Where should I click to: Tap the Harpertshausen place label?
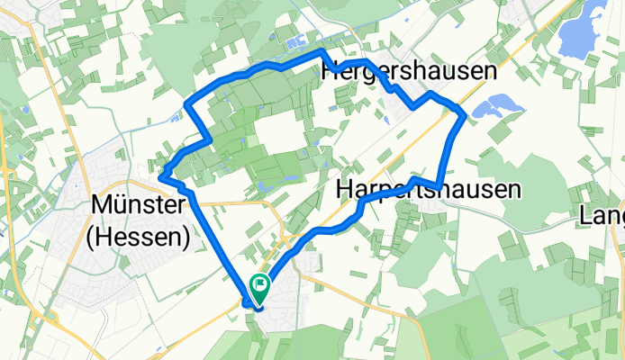(429, 190)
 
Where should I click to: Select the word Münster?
(139, 206)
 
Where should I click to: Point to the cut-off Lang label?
(603, 217)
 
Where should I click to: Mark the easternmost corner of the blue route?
(465, 114)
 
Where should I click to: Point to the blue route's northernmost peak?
(322, 52)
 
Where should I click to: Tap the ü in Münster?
(121, 206)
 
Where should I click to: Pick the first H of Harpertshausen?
(346, 190)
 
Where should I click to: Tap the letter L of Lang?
(588, 217)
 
